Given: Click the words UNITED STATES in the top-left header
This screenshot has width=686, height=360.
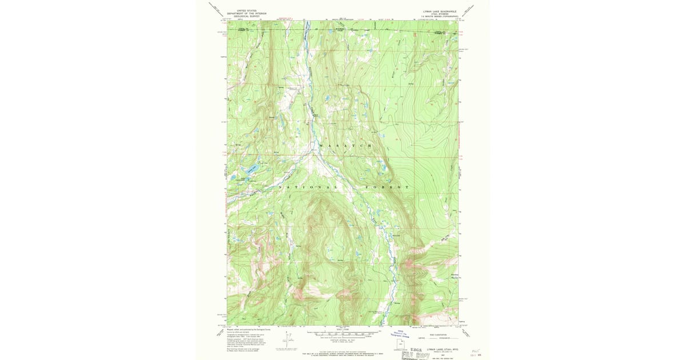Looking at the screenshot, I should pos(243,10).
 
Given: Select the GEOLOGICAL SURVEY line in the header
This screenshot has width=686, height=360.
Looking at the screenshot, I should pos(243,16).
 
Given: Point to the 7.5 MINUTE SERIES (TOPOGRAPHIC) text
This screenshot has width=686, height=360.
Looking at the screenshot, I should pos(440,16).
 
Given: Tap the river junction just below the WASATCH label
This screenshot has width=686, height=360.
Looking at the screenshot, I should pos(313,153).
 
